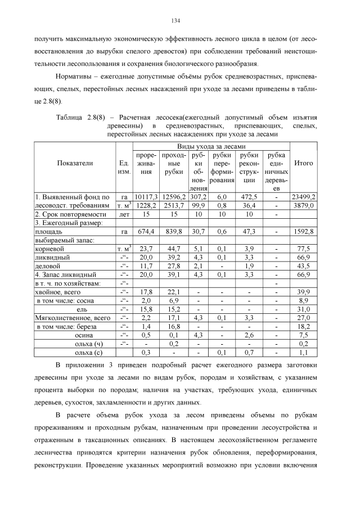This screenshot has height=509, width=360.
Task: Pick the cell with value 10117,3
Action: click(x=146, y=197)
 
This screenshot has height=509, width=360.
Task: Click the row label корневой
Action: click(x=50, y=248)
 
